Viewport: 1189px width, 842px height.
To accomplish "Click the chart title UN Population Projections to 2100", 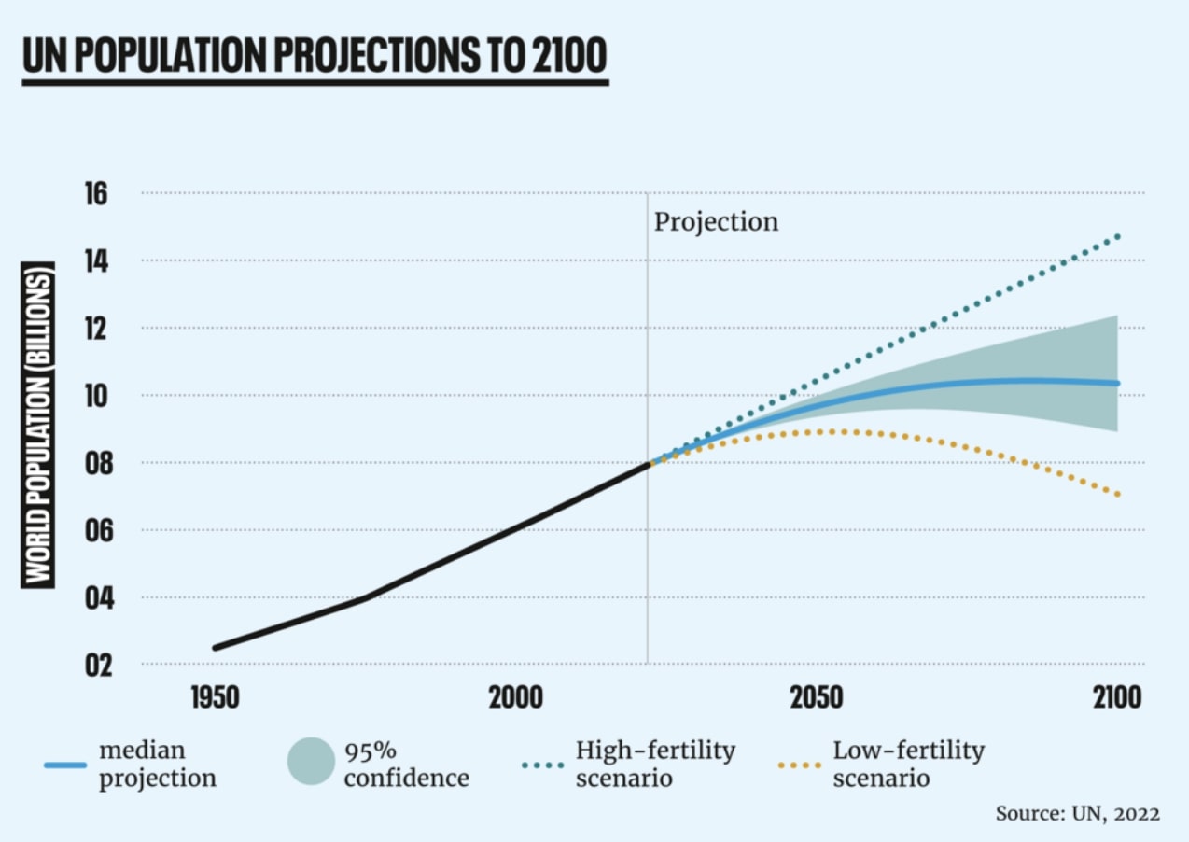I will [315, 57].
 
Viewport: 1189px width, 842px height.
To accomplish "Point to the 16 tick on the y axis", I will [96, 194].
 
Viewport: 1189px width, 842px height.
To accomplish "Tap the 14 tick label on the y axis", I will [96, 261].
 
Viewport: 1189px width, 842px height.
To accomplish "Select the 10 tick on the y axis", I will [96, 396].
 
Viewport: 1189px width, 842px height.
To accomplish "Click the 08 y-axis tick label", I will [96, 463].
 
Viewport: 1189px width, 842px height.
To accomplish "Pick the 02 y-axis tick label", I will [96, 666].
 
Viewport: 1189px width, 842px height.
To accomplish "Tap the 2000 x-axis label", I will [516, 698].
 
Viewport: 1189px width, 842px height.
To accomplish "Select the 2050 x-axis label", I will [817, 698].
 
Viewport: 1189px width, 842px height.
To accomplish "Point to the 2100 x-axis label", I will [1116, 698].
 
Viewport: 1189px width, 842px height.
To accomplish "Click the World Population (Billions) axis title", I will [38, 425].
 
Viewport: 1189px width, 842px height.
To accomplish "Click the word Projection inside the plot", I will [715, 222].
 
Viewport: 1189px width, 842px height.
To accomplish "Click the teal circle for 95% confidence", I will [311, 761].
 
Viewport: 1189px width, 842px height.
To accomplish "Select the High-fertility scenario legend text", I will [655, 764].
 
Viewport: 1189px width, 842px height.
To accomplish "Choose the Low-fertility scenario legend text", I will [908, 764].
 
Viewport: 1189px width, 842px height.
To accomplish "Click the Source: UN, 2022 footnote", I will [1077, 813].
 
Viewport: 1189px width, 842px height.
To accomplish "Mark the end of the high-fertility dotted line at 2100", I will [1117, 236].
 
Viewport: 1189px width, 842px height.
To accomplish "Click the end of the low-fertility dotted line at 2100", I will [1117, 495].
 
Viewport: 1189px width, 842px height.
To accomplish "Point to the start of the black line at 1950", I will [216, 648].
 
